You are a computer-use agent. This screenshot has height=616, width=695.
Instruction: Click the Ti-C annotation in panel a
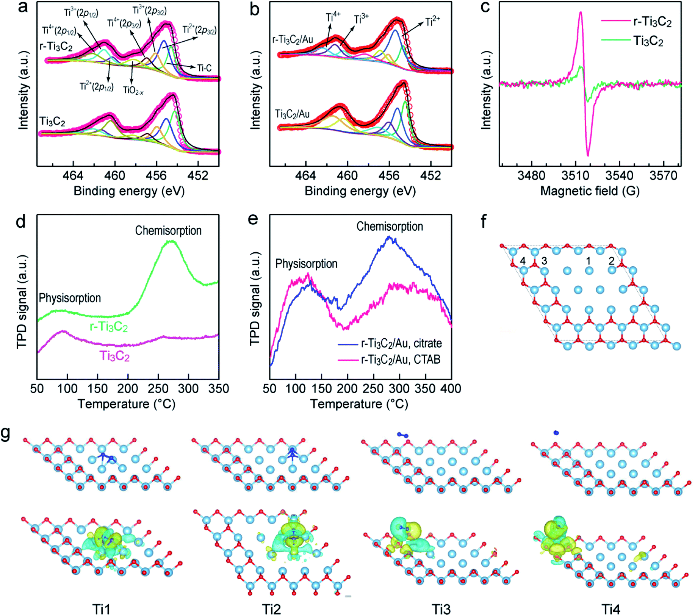[204, 68]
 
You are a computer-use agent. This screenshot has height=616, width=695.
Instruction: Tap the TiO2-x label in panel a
[133, 91]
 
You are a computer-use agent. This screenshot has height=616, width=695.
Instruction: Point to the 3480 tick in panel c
[531, 176]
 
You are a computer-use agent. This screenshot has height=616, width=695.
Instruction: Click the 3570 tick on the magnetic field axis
[663, 176]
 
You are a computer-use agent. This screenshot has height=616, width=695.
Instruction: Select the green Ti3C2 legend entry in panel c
[633, 41]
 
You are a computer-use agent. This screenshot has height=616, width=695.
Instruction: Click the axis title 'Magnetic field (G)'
[590, 191]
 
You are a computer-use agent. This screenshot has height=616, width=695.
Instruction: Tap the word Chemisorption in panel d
[168, 231]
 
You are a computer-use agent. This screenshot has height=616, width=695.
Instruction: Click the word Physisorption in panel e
[306, 264]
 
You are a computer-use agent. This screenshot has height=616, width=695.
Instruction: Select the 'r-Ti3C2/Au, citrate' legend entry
[390, 344]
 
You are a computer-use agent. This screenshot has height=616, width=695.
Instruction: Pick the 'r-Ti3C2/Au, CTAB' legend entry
[389, 359]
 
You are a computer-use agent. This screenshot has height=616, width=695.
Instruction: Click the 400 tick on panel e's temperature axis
[451, 389]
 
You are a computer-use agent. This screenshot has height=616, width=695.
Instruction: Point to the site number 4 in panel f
[523, 261]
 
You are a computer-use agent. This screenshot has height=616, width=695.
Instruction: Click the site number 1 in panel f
[588, 261]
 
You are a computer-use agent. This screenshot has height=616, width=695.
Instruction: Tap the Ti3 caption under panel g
[441, 609]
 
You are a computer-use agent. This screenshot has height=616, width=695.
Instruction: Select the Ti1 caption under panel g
[101, 609]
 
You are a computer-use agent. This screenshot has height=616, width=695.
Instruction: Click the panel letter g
[6, 433]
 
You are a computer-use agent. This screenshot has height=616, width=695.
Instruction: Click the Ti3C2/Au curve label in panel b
[292, 114]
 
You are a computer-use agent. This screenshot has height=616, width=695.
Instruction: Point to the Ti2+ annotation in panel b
[433, 22]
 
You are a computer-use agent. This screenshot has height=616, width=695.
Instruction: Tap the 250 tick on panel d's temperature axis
[158, 389]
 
